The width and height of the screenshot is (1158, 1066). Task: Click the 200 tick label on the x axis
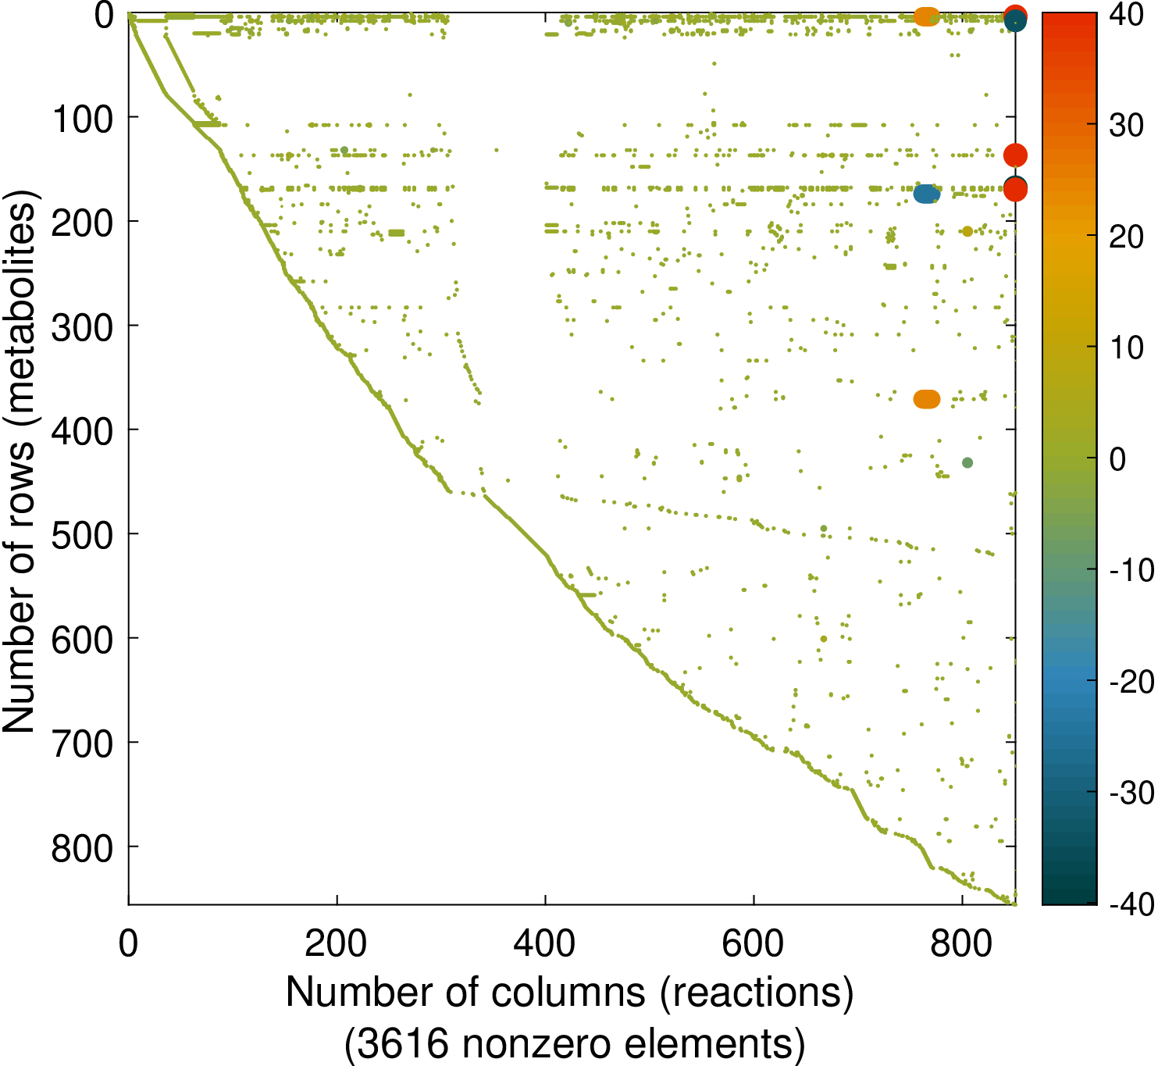coord(336,944)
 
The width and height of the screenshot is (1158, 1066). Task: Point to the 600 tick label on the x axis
coord(753,944)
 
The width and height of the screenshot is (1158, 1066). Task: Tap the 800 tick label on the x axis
coord(961,944)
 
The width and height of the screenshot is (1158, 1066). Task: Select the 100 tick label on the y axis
coord(83,119)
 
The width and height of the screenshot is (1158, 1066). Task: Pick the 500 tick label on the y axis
coord(83,536)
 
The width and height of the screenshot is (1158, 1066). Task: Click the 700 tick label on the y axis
coord(83,744)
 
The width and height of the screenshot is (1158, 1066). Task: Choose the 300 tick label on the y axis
coord(83,328)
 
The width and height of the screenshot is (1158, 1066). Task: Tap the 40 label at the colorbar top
coord(1126,15)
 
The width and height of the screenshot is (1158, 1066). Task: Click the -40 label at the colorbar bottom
coord(1131,904)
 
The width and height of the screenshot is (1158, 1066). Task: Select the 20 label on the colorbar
coord(1126,237)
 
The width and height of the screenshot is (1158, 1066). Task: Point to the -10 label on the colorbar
coord(1131,570)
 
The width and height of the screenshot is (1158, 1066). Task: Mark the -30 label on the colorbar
coord(1131,793)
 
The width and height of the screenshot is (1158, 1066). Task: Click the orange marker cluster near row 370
coord(927,399)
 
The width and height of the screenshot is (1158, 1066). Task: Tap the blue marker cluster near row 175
coord(927,194)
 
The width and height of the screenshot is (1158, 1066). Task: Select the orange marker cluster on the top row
coord(927,16)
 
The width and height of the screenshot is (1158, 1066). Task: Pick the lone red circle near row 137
coord(1015,155)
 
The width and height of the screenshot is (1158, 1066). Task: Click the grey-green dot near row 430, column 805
coord(967,463)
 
